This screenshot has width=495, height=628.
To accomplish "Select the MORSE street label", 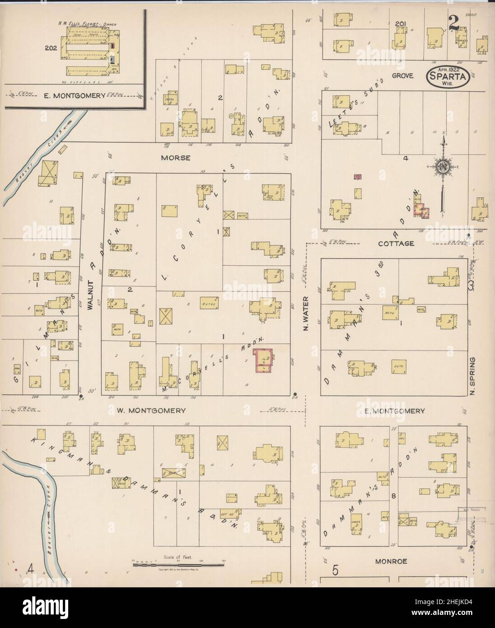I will [174, 158].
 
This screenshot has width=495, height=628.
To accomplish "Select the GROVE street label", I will [402, 76].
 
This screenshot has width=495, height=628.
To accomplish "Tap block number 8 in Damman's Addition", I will [394, 496].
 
